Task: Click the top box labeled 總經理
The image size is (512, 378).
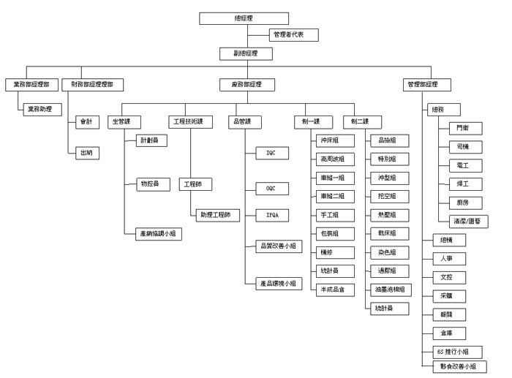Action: (244, 18)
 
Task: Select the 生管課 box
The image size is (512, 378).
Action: (124, 121)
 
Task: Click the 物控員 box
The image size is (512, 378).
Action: (152, 184)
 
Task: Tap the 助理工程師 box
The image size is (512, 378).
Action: (217, 215)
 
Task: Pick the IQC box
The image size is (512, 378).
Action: (271, 153)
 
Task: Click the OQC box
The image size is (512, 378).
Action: (271, 188)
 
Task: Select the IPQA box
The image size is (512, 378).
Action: (271, 215)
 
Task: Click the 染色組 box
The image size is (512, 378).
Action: (388, 252)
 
